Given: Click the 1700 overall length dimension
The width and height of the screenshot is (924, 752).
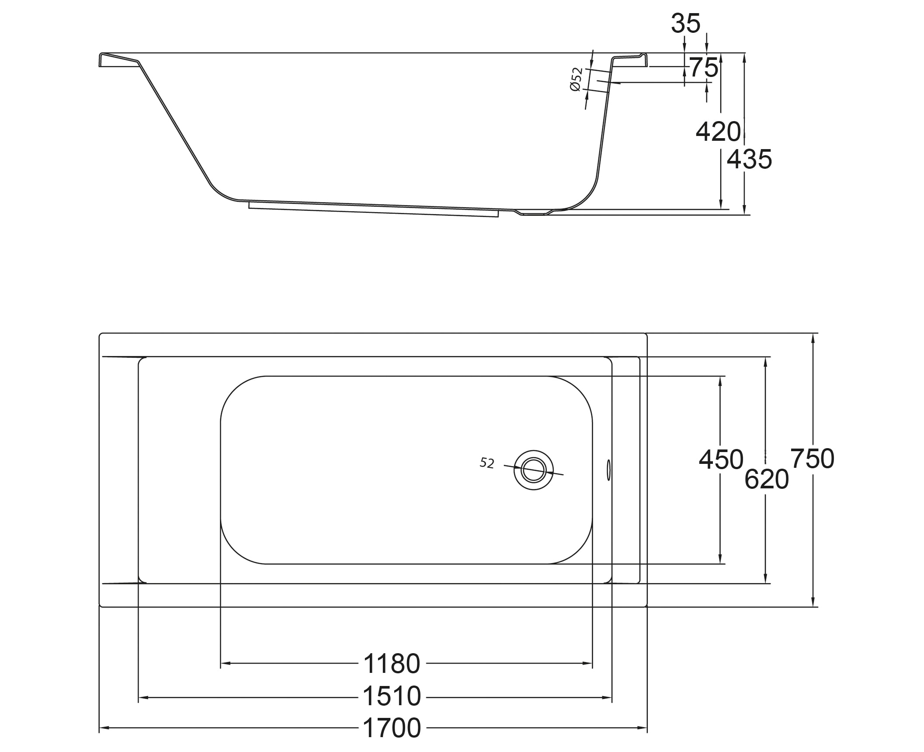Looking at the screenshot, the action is [392, 728].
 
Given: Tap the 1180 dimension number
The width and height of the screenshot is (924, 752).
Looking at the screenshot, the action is [392, 664].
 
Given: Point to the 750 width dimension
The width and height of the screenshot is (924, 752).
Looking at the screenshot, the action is [813, 459].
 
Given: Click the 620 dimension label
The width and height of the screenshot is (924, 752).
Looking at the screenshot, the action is [767, 479].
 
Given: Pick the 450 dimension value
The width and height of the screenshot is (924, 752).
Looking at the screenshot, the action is [721, 460].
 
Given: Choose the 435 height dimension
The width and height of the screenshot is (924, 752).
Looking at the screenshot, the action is [750, 159].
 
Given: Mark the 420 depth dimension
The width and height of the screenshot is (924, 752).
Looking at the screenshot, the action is [719, 132].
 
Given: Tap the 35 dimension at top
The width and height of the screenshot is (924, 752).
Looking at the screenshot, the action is [686, 23].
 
